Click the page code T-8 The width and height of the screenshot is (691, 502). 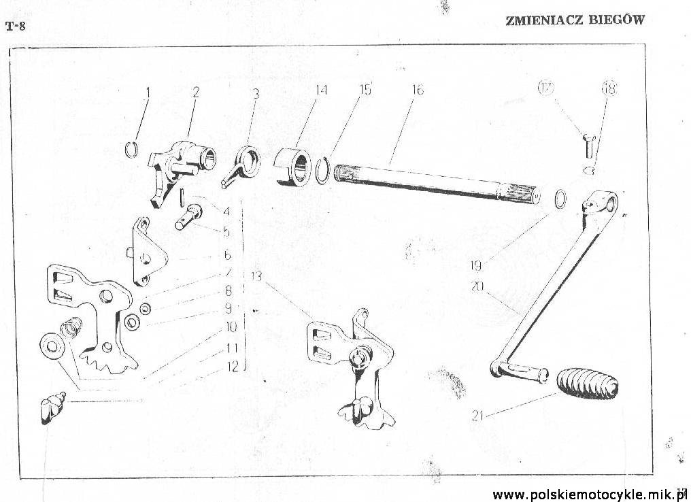point(16,27)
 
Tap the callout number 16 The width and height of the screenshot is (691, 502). point(418,90)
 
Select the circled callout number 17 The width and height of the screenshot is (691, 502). point(545,88)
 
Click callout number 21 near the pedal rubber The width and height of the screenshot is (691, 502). point(477,415)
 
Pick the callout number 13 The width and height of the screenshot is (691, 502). point(256,276)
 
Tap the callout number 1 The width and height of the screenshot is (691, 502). point(148,93)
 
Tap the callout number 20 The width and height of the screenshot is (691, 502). point(477,286)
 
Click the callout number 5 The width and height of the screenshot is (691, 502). point(226,232)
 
